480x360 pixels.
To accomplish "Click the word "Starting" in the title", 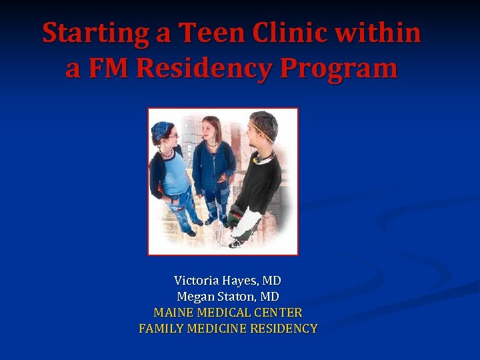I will (x=96, y=33).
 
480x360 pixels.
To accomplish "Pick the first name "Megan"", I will (x=193, y=297).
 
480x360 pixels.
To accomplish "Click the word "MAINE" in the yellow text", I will (x=171, y=313).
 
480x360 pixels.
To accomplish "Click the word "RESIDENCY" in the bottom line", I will (x=285, y=329).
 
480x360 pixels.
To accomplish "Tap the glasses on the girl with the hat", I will (x=171, y=136).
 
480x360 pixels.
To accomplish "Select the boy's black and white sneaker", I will (x=235, y=243).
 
